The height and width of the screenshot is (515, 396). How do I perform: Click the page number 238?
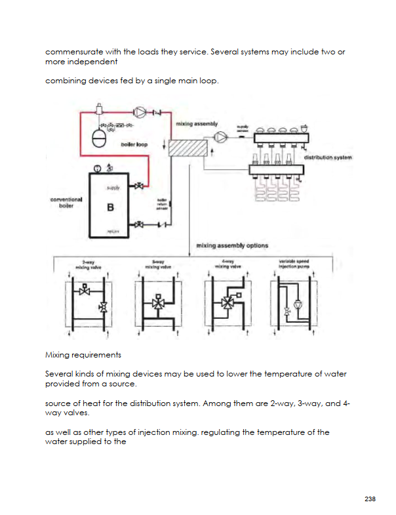pyautogui.click(x=370, y=499)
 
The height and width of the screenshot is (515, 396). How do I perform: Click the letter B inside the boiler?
pyautogui.click(x=110, y=208)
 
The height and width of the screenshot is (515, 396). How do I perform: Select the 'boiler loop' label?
pyautogui.click(x=134, y=144)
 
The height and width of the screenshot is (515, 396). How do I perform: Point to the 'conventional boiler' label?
pyautogui.click(x=66, y=202)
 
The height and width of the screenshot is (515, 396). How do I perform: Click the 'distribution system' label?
pyautogui.click(x=328, y=157)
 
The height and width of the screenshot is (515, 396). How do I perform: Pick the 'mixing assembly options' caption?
pyautogui.click(x=232, y=245)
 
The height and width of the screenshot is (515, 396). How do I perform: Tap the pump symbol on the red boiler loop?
pyautogui.click(x=139, y=113)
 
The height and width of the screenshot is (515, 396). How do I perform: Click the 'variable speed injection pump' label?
pyautogui.click(x=294, y=265)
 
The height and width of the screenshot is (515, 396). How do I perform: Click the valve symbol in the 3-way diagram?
pyautogui.click(x=157, y=304)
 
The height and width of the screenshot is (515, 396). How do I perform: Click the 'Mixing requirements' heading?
pyautogui.click(x=83, y=355)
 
